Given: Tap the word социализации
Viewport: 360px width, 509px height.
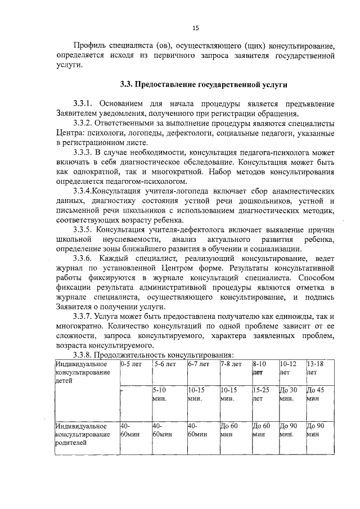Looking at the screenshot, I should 275,249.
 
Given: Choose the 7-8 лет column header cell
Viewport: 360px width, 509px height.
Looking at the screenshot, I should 231,364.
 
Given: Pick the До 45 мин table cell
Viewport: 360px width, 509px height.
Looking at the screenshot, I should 318,393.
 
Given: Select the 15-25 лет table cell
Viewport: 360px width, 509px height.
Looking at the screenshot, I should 262,393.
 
